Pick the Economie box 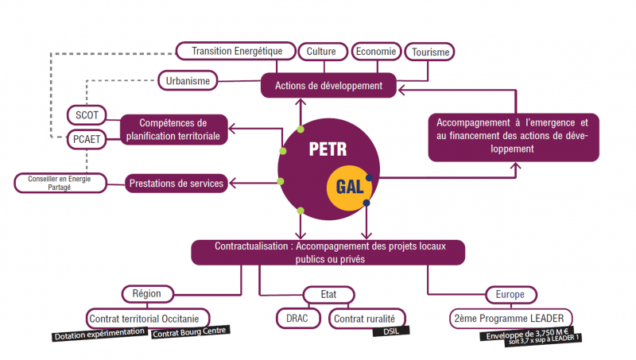[375, 52]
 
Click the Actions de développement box [329, 85]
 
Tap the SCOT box [86, 115]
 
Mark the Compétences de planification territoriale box [173, 130]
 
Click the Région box [146, 293]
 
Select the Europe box [509, 294]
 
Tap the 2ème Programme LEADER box [508, 318]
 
